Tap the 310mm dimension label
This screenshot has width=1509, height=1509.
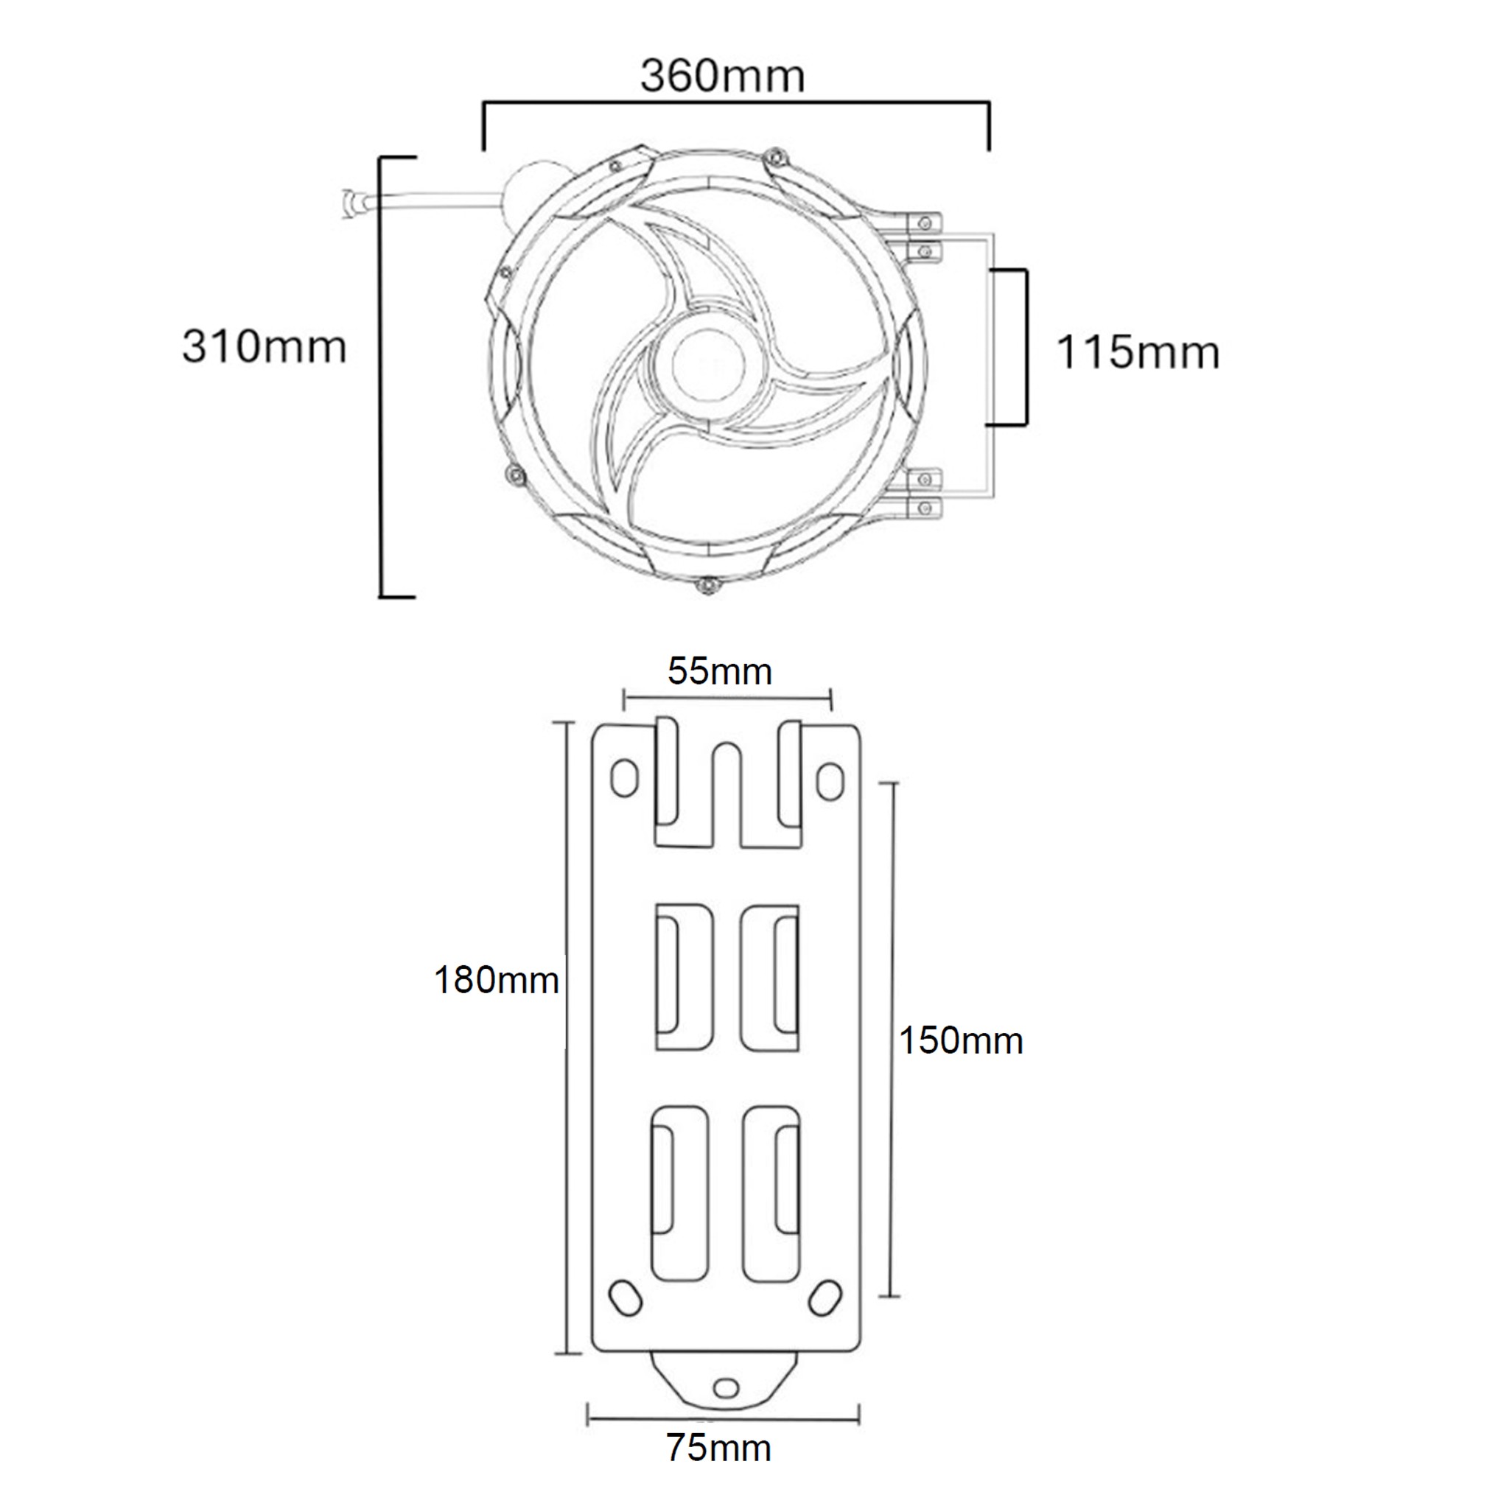[x=264, y=347]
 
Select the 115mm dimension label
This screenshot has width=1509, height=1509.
[x=1137, y=352]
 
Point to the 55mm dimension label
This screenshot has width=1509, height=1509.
[x=719, y=672]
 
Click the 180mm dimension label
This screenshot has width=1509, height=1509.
[x=496, y=980]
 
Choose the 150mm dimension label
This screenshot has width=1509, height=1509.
[x=961, y=1040]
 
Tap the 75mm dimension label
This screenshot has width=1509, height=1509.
[x=718, y=1448]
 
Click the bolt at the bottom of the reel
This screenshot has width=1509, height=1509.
[x=707, y=586]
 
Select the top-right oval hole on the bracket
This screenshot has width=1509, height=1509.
[x=830, y=780]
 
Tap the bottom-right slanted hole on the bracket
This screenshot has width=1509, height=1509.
[x=824, y=1298]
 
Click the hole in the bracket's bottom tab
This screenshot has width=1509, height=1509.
[x=726, y=1387]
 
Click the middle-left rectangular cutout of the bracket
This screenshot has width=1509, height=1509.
[x=685, y=976]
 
